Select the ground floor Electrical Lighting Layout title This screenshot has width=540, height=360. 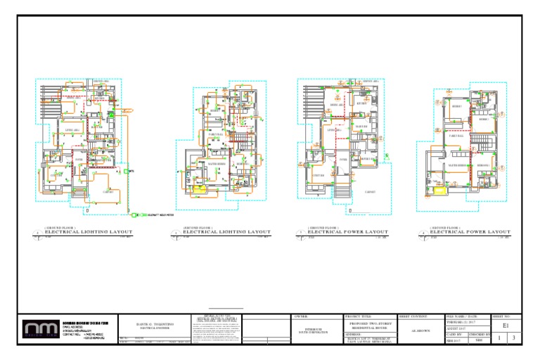(89, 231)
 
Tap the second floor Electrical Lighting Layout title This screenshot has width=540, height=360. (226, 231)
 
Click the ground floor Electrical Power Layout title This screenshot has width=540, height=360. (347, 231)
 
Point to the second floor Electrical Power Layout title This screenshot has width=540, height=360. (470, 231)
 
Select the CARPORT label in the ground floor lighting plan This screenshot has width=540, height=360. (109, 191)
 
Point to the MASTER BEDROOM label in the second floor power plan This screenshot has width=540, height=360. (458, 165)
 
